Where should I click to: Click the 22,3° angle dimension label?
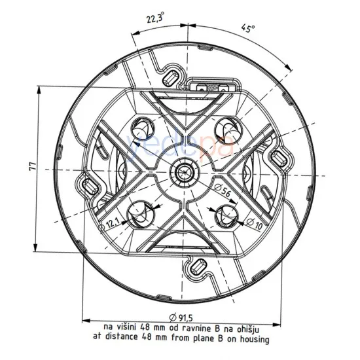click(x=155, y=18)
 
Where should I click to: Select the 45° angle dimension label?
click(x=247, y=28)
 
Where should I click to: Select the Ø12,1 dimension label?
click(x=110, y=223)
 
